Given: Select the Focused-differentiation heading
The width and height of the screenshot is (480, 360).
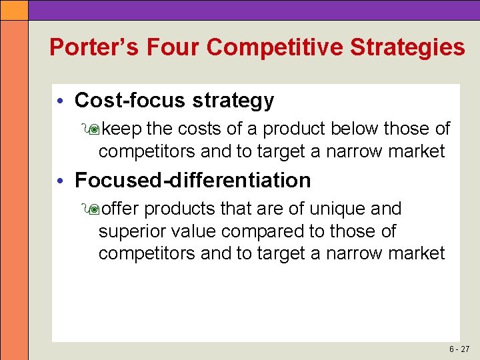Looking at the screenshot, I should pos(193,180).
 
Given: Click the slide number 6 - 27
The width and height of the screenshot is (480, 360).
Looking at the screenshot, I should pos(459,349).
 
